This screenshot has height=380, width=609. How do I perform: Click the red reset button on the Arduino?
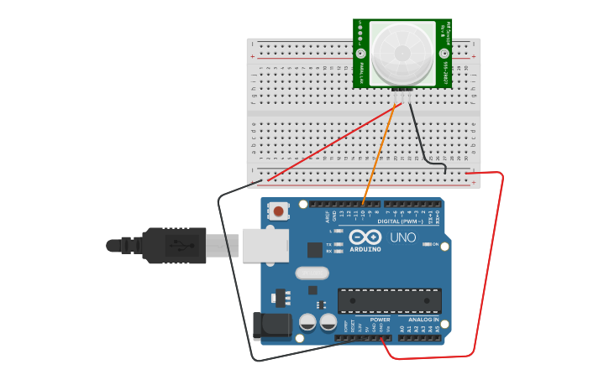coord(278,211)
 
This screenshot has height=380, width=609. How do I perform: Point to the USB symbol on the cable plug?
coord(178,245)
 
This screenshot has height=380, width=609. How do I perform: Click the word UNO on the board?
coord(403,238)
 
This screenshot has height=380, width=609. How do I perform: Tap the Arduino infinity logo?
coord(365,237)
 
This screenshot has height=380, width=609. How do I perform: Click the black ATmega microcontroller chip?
coord(389,300)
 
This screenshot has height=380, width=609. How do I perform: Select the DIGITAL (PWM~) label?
coord(400,221)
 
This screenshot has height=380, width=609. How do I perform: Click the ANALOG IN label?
coord(423,320)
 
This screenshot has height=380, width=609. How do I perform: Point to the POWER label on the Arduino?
coord(380,320)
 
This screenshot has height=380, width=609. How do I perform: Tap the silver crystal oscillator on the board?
coord(312,273)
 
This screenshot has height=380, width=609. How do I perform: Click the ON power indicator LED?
coord(428,244)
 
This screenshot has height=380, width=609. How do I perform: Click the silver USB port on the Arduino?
coord(265,245)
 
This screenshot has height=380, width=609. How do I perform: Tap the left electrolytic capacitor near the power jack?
coord(307,322)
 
